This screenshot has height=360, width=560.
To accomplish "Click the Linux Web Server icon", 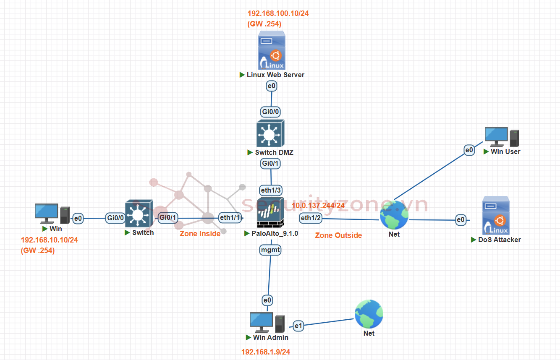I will pyautogui.click(x=272, y=50).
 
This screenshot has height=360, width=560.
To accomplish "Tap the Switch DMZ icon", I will pyautogui.click(x=270, y=133).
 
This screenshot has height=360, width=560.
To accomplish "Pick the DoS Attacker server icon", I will pyautogui.click(x=496, y=215).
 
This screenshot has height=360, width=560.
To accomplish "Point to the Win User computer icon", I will pyautogui.click(x=502, y=137).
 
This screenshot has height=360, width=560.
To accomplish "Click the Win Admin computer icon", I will pyautogui.click(x=267, y=322).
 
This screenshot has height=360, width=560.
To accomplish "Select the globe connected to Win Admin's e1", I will pyautogui.click(x=369, y=314).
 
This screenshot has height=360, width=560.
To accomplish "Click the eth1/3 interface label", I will pyautogui.click(x=271, y=190).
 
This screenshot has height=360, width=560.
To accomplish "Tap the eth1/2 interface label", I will pyautogui.click(x=311, y=218).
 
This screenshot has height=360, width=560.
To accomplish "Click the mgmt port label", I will pyautogui.click(x=270, y=250).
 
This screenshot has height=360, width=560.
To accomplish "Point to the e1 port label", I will pyautogui.click(x=298, y=325).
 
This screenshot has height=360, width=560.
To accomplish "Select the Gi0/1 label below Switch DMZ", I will pyautogui.click(x=271, y=163).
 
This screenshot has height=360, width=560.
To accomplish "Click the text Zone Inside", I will pyautogui.click(x=200, y=234).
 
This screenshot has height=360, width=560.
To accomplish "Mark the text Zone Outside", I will pyautogui.click(x=338, y=235).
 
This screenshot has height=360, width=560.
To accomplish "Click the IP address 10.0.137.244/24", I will pyautogui.click(x=318, y=206).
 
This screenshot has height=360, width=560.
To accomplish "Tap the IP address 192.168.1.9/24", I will pyautogui.click(x=265, y=352).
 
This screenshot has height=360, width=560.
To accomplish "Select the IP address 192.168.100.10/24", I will pyautogui.click(x=278, y=13).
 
